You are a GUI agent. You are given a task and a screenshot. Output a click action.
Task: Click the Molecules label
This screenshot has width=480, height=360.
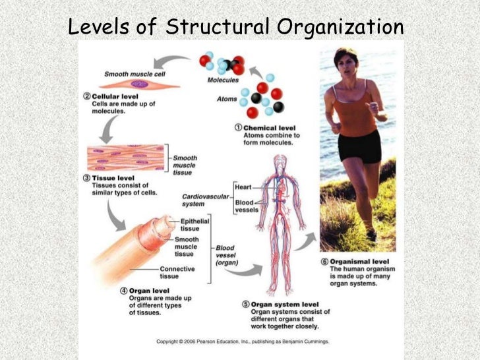(222, 80)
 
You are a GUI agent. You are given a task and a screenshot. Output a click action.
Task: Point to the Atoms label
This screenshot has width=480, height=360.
(227, 100)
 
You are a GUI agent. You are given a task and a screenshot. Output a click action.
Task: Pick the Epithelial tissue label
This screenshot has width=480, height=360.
(195, 225)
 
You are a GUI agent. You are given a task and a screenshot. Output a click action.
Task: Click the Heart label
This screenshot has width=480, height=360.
(244, 188)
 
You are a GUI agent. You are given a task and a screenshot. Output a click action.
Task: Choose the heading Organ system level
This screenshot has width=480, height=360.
(286, 304)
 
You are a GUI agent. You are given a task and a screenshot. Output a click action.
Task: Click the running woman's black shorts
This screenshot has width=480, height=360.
(360, 146)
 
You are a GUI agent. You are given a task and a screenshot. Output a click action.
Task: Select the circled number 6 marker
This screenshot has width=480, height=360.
(324, 262)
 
